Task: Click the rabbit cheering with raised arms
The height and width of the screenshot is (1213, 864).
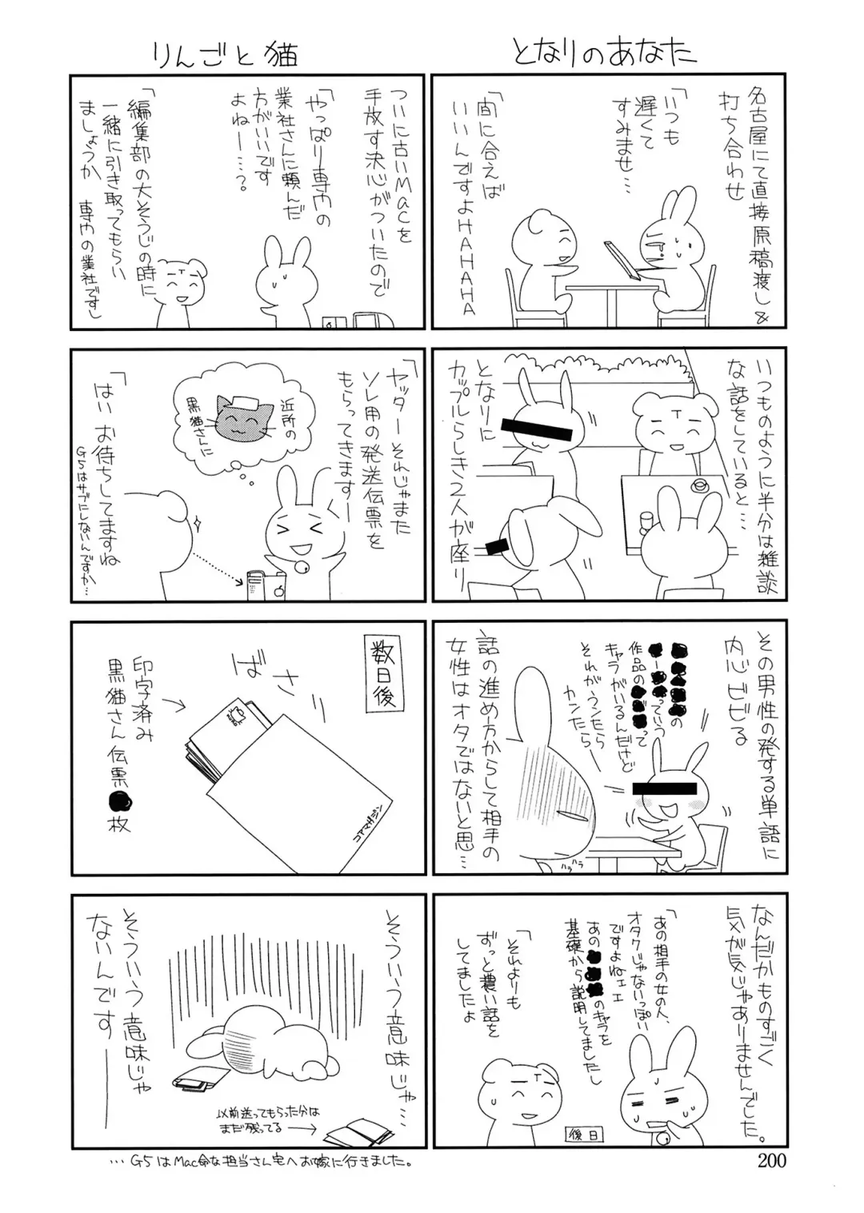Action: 300,536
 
